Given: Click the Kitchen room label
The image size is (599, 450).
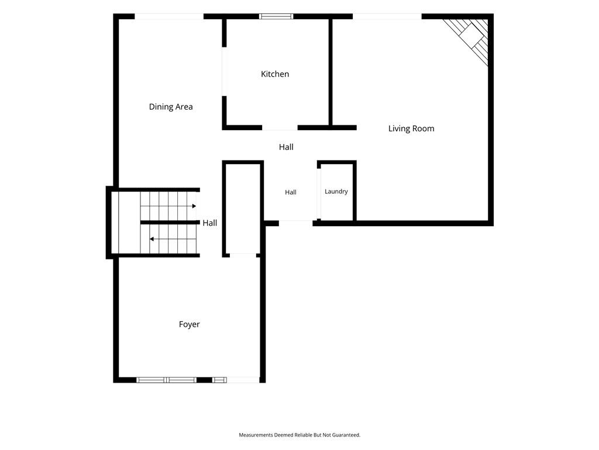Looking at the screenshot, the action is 275,74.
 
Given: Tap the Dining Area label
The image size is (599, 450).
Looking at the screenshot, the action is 171,107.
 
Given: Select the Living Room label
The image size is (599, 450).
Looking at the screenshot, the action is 411,128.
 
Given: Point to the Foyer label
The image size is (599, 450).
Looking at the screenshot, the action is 189,325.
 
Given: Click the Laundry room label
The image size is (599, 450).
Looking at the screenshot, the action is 336,192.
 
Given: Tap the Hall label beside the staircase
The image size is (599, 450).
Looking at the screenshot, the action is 210,223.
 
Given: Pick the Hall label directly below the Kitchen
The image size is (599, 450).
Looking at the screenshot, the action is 286,147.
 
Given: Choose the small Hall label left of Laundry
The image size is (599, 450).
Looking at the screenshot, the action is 291,192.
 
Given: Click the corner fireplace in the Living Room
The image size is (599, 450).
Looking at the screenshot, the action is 470,38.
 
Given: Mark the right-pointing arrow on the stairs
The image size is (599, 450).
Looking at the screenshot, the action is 168,206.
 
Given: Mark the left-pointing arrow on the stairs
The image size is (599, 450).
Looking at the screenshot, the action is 173,239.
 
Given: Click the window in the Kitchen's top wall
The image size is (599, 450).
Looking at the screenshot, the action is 276,16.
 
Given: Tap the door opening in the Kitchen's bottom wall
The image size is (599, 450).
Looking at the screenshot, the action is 280,127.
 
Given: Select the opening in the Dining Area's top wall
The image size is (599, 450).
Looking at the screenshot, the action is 169,16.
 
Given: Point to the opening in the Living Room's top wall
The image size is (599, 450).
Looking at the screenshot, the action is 387,16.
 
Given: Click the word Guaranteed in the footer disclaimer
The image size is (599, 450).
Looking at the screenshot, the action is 346,435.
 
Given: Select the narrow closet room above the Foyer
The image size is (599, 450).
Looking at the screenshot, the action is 243,209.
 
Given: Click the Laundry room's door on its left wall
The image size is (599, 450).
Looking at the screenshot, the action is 319,193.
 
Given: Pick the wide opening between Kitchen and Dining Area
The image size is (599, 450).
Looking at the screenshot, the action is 224,71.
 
